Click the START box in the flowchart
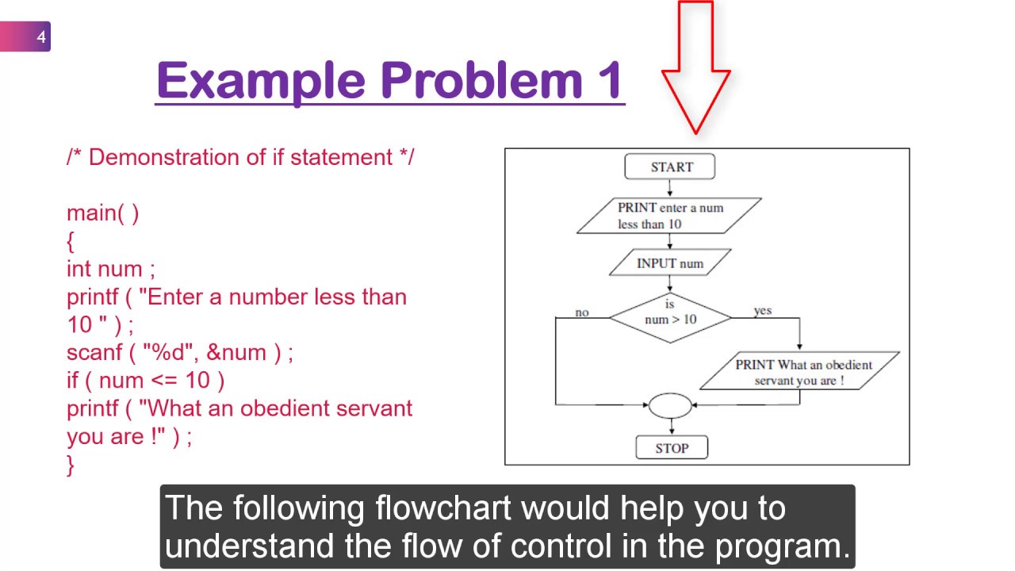670,167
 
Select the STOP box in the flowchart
671,448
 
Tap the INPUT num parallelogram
670,263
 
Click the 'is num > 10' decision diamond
670,317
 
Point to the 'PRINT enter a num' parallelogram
669,216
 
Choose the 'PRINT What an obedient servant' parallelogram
799,371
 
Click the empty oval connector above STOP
670,405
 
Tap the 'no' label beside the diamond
582,312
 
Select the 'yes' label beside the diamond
763,310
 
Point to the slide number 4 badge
40,36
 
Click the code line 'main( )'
102,213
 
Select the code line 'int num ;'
110,268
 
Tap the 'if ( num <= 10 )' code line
145,380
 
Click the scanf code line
179,352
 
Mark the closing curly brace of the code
71,464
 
